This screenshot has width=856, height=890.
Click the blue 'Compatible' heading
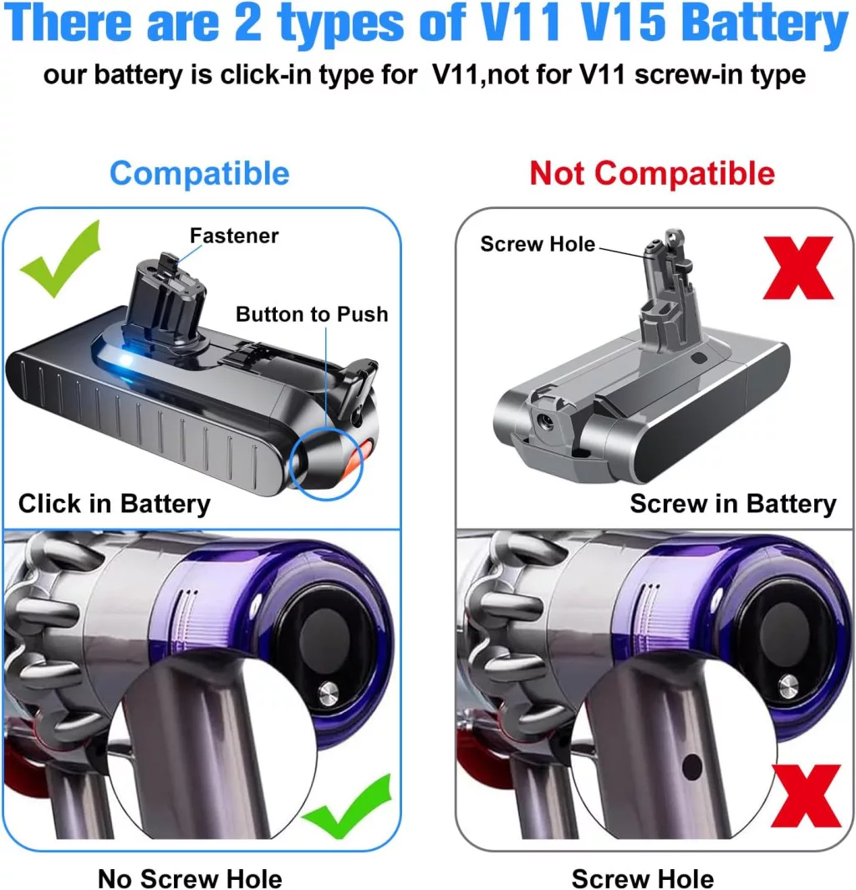click(199, 173)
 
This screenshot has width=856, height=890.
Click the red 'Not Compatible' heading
click(652, 173)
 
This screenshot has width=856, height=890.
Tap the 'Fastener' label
click(234, 236)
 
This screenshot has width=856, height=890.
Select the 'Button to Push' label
click(312, 314)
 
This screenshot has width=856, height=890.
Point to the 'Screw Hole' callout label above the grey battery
click(538, 244)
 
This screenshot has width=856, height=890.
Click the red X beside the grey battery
click(798, 268)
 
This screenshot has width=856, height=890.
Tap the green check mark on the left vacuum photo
click(347, 806)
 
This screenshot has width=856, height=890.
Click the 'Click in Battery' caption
click(114, 503)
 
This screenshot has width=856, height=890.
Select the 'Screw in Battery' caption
click(733, 503)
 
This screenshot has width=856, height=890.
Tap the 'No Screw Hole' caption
click(190, 877)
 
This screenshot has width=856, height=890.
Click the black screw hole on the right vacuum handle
click(692, 767)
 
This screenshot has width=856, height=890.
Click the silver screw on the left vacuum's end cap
click(328, 693)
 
